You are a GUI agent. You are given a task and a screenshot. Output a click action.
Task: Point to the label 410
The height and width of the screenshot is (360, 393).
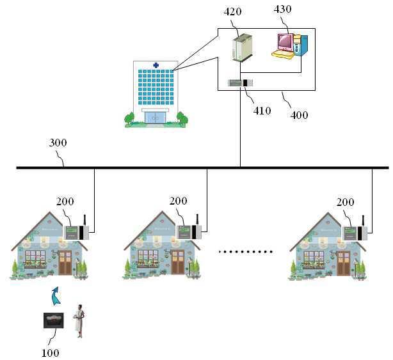[262, 111]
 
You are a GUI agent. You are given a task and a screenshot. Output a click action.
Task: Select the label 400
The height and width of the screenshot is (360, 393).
[298, 116]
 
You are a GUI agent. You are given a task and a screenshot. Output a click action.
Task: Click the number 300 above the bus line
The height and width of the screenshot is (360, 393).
[58, 143]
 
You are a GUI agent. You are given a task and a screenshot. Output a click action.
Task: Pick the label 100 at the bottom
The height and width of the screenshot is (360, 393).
[50, 352]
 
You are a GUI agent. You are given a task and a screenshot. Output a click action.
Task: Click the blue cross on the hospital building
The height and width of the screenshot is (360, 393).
[155, 65]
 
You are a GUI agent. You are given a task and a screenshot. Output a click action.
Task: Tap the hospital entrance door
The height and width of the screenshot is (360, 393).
[154, 117]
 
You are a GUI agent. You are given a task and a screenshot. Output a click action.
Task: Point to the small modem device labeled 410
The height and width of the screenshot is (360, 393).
[242, 83]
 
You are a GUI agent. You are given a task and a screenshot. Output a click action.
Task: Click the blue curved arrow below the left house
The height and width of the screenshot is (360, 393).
[57, 295]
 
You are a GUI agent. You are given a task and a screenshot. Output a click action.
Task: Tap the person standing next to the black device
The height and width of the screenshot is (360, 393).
[79, 320]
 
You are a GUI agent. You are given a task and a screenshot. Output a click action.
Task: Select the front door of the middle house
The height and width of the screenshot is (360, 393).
[177, 262]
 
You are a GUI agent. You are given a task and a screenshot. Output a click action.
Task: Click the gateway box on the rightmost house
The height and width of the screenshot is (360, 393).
[351, 233]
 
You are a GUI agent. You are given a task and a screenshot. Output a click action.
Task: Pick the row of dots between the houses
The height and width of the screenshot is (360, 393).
[246, 252]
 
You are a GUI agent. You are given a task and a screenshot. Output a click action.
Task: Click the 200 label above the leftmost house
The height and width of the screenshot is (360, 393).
[65, 201]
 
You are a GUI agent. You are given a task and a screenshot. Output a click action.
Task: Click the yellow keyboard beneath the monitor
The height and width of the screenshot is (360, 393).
[283, 55]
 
